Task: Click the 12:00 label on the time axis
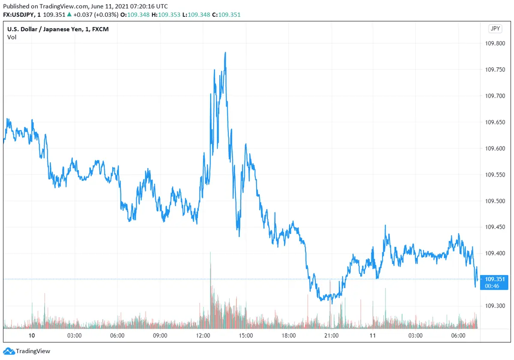(203, 335)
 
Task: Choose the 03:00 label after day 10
(75, 335)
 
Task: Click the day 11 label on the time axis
(373, 335)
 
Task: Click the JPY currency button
(495, 29)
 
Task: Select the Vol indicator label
(12, 37)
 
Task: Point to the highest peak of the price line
(225, 53)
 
